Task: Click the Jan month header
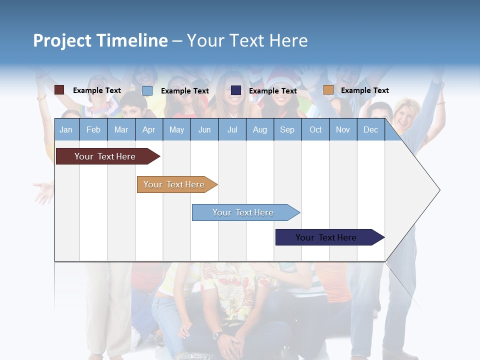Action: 66,129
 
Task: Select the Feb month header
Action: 93,129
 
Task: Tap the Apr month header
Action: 148,129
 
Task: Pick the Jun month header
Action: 204,129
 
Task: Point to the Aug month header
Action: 259,129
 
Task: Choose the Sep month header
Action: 287,129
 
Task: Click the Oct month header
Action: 315,129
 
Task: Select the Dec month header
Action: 370,129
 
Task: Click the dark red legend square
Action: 59,90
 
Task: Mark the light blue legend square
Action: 147,90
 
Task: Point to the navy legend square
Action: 236,90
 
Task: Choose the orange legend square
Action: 328,90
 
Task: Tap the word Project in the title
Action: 62,40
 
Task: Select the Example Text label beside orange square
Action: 364,90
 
